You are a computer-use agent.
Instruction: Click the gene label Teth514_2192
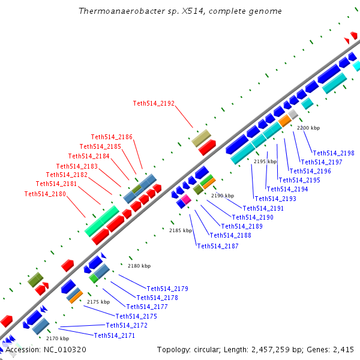(154, 103)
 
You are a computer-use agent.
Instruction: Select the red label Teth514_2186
(112, 137)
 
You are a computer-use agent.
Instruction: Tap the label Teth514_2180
(45, 194)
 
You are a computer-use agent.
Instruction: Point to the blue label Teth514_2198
(334, 153)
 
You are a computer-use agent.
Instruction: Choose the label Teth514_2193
(275, 199)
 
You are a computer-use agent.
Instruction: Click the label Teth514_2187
(218, 246)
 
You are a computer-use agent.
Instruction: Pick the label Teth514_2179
(167, 289)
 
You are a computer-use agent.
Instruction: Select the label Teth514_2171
(115, 335)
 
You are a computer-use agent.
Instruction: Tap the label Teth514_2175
(136, 316)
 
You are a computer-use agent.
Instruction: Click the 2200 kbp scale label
(308, 128)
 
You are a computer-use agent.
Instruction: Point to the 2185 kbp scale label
(181, 230)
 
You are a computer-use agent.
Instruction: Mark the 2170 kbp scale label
(58, 338)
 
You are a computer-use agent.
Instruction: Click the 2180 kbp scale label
(139, 266)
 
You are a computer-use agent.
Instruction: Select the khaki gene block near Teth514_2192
(200, 137)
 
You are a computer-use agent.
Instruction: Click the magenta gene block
(186, 199)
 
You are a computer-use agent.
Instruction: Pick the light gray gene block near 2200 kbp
(293, 113)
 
